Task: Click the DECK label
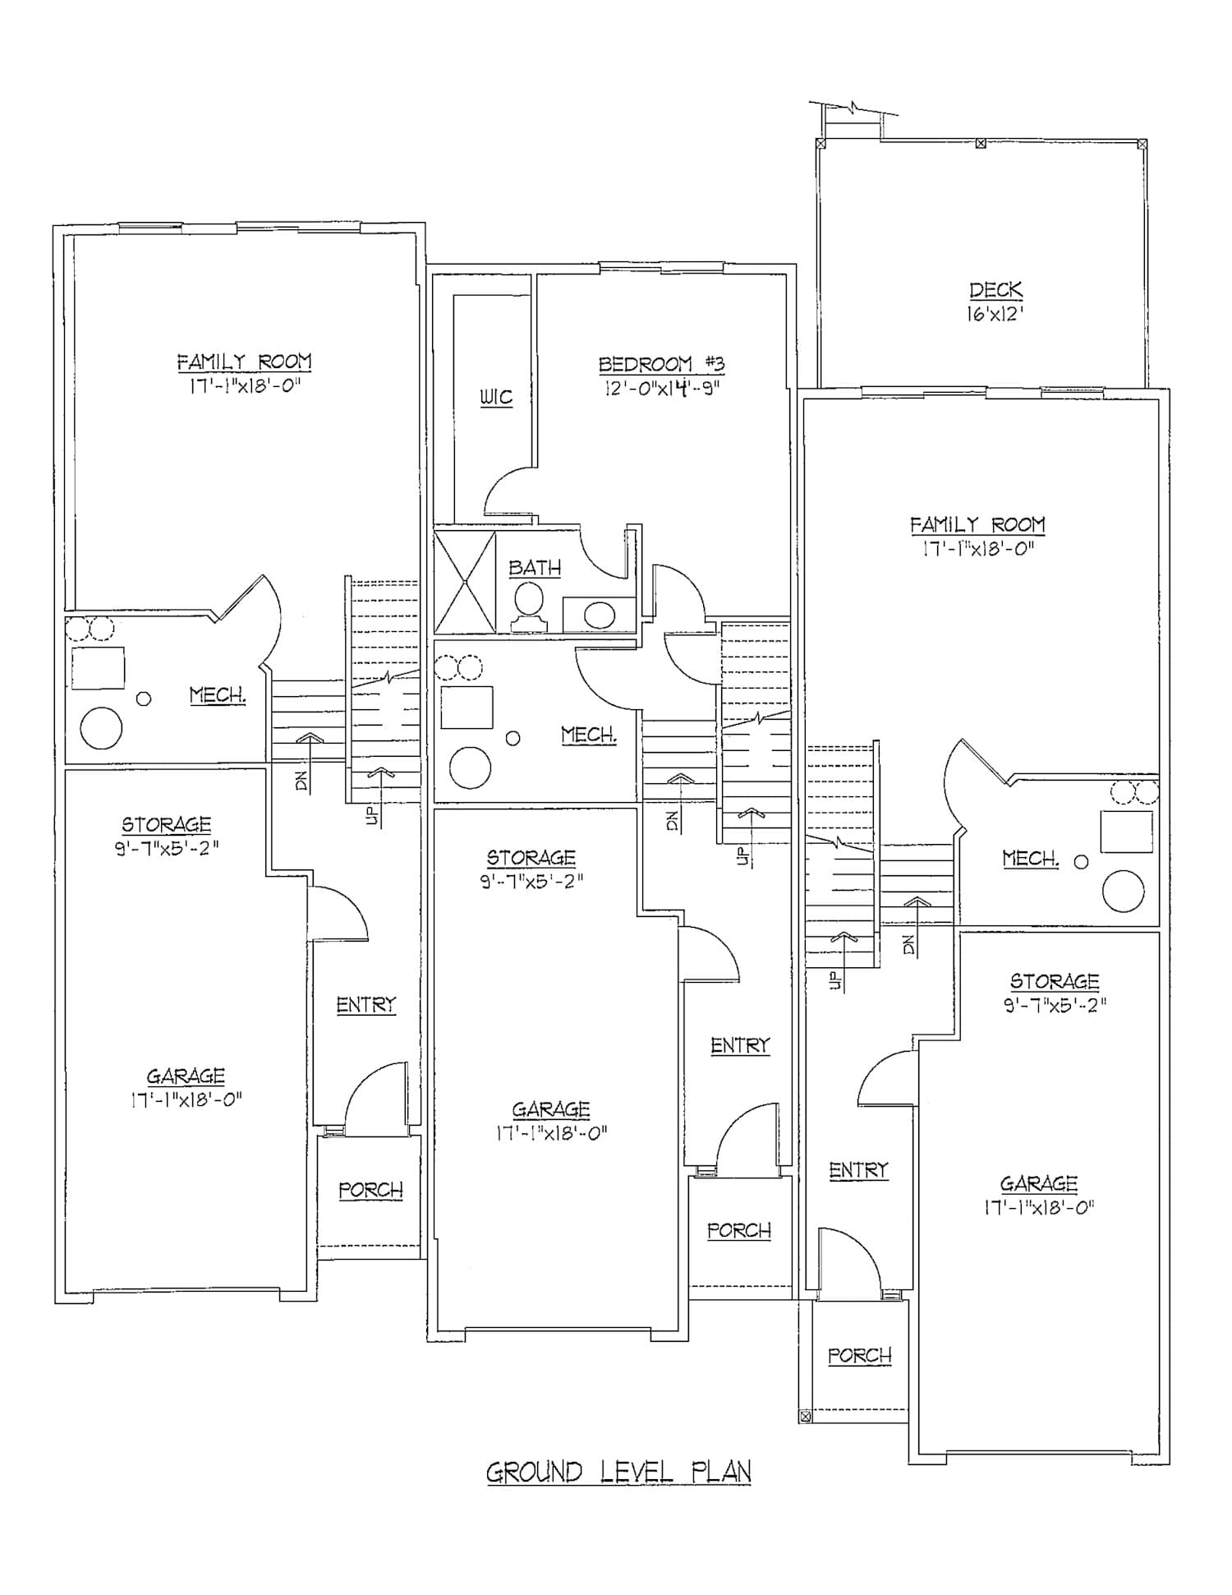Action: tap(995, 290)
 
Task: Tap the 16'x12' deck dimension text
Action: tap(995, 314)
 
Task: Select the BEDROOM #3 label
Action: tap(661, 364)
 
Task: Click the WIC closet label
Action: tap(496, 398)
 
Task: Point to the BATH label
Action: tap(535, 568)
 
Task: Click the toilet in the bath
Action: tap(530, 607)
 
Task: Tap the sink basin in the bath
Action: tap(600, 615)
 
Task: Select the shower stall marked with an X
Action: tap(465, 582)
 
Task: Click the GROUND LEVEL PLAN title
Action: tap(618, 1472)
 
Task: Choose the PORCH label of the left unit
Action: tap(371, 1190)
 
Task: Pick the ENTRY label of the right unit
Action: tap(859, 1170)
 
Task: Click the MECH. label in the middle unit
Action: tap(589, 735)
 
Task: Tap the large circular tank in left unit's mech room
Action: tap(101, 727)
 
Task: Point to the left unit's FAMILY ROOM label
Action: tap(244, 362)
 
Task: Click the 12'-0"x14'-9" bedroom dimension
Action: tap(661, 387)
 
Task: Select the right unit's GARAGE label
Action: tap(1039, 1184)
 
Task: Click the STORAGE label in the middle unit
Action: tap(531, 858)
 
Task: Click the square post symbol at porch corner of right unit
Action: tap(805, 1416)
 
